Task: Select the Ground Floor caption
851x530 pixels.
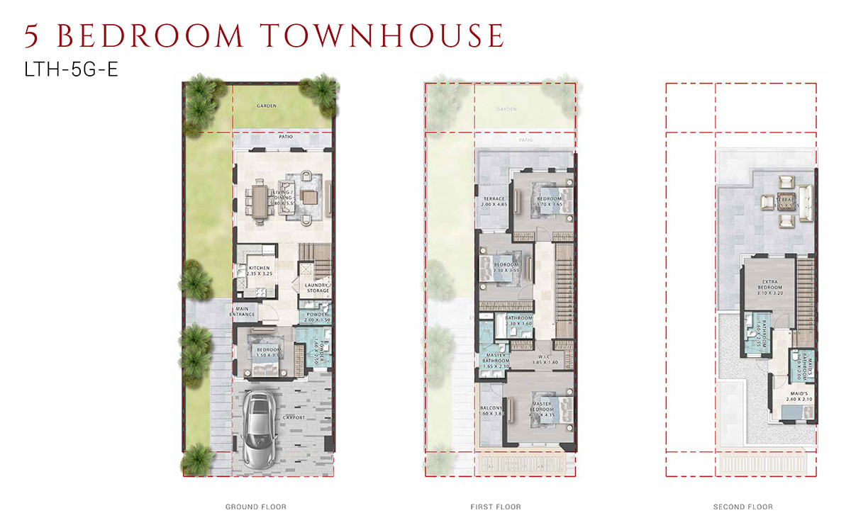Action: pos(256,507)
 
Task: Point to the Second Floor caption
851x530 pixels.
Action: pos(743,507)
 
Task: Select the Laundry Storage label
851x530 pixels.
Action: pos(316,288)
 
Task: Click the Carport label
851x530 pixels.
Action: pos(294,417)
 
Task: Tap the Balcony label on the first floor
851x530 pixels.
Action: pos(492,409)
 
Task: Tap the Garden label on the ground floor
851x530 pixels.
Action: pos(267,106)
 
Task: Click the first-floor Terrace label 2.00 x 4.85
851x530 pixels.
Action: pos(494,201)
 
